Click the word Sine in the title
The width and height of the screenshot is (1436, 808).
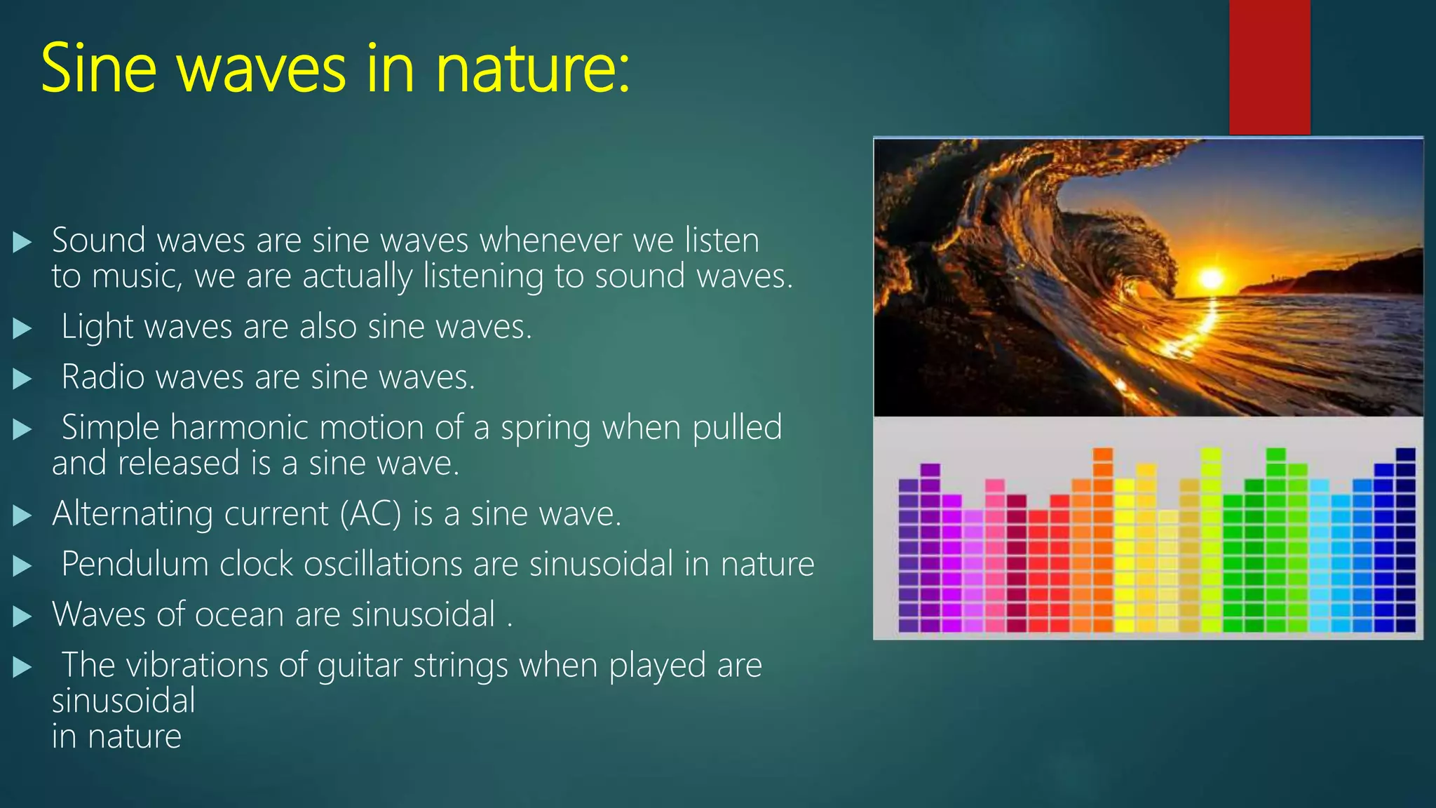[98, 68]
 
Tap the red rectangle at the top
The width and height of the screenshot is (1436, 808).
[1269, 67]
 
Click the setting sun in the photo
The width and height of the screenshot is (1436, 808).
[1211, 279]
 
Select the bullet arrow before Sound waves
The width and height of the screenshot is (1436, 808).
[22, 243]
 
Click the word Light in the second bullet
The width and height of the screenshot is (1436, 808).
[97, 327]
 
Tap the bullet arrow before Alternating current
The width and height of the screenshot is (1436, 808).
[22, 516]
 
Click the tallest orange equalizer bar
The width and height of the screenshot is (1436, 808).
[1103, 540]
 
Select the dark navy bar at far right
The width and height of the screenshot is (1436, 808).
[1405, 540]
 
